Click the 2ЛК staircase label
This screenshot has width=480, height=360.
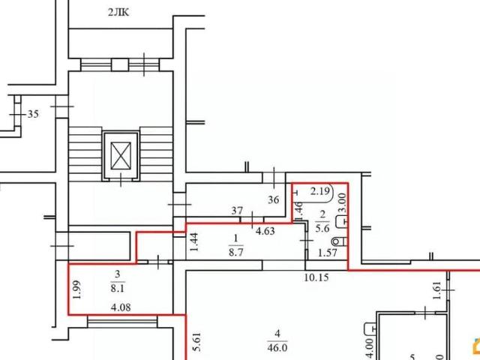click(x=118, y=12)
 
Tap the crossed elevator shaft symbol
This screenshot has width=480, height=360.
click(x=121, y=155)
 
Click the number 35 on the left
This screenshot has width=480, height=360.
click(x=33, y=114)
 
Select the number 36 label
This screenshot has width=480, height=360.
click(x=273, y=200)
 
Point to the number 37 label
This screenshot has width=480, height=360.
click(x=237, y=211)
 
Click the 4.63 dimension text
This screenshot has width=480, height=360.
click(x=265, y=231)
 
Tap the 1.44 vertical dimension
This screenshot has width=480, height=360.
click(x=194, y=242)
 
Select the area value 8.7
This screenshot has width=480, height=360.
click(x=236, y=253)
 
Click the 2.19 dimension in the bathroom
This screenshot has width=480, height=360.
click(x=320, y=191)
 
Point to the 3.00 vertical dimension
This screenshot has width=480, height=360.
click(x=343, y=202)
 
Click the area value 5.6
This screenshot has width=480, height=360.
click(x=322, y=228)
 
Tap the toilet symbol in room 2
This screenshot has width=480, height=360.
click(x=339, y=241)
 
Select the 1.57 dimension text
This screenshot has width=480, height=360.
click(x=328, y=253)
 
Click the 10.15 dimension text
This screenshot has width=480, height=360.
click(x=316, y=277)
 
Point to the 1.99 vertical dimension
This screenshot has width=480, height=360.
click(x=77, y=290)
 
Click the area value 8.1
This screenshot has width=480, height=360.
click(x=118, y=288)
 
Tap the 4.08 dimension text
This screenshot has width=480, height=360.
click(x=121, y=307)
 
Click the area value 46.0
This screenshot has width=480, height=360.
click(x=277, y=348)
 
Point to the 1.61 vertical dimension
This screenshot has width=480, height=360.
click(x=436, y=290)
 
